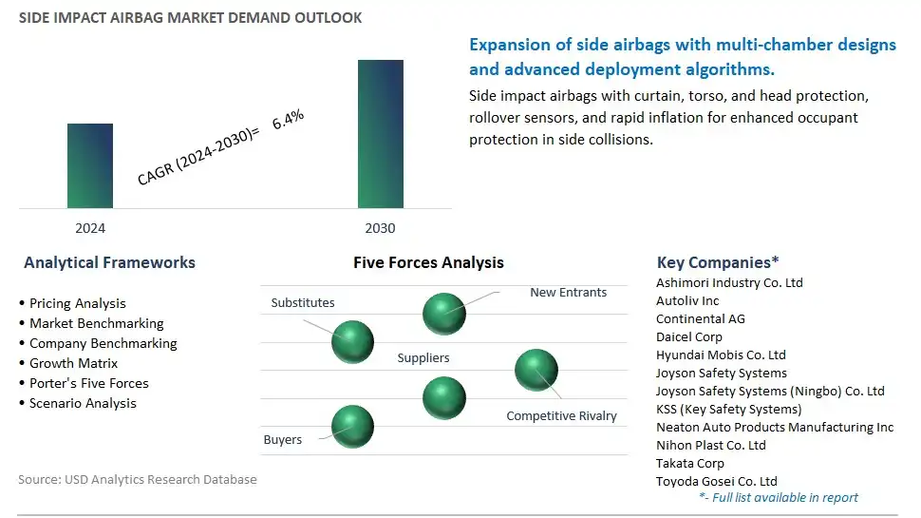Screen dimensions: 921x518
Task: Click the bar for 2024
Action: pyautogui.click(x=90, y=165)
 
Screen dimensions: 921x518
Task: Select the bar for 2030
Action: pyautogui.click(x=381, y=134)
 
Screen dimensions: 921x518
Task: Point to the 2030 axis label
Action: pyautogui.click(x=380, y=228)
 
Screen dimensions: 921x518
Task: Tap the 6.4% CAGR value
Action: pyautogui.click(x=288, y=120)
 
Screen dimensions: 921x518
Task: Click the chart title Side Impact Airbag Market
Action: pyautogui.click(x=190, y=18)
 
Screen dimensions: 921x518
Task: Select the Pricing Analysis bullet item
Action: pyautogui.click(x=73, y=303)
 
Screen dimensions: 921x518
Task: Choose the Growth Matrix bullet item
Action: pyautogui.click(x=68, y=363)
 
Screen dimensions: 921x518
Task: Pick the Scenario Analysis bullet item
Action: pyautogui.click(x=78, y=403)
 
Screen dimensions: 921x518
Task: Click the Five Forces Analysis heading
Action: pyautogui.click(x=428, y=262)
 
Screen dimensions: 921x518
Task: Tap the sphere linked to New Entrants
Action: pyautogui.click(x=444, y=314)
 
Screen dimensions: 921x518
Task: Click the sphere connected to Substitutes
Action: pyautogui.click(x=352, y=341)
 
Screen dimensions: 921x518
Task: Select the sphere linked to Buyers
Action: pyautogui.click(x=352, y=426)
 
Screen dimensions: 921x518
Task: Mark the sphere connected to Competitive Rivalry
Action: pyautogui.click(x=536, y=370)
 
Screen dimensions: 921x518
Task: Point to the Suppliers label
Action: pyautogui.click(x=423, y=357)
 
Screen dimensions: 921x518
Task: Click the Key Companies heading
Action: pyautogui.click(x=718, y=262)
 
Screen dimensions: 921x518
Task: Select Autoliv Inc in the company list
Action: pyautogui.click(x=687, y=301)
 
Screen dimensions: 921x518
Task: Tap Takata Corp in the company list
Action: pyautogui.click(x=690, y=463)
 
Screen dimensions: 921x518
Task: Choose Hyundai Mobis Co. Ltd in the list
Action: pyautogui.click(x=721, y=355)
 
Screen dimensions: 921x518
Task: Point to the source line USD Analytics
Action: pyautogui.click(x=138, y=479)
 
